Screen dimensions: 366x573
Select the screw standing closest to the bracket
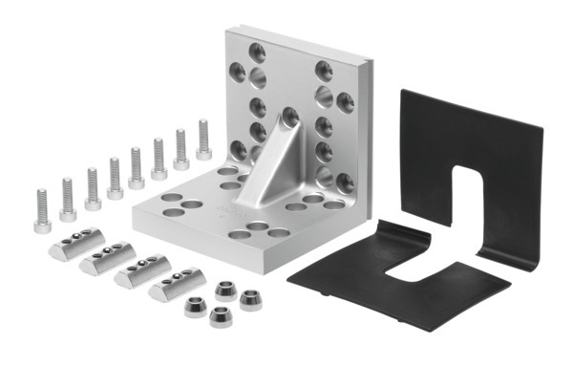click(203, 140)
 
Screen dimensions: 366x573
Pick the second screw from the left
click(68, 197)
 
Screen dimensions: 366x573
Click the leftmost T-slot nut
click(71, 246)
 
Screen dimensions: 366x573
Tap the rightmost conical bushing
click(251, 299)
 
